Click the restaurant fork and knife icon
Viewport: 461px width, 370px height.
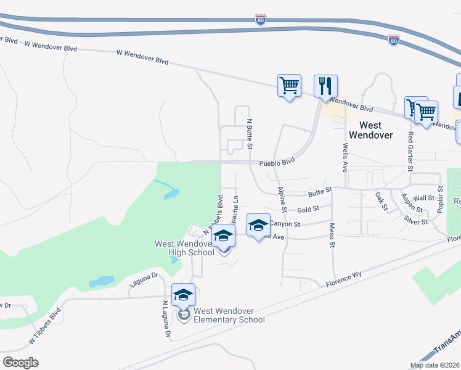pyautogui.click(x=325, y=86)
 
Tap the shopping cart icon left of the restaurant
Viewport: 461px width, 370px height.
pyautogui.click(x=289, y=85)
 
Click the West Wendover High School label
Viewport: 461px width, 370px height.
pyautogui.click(x=184, y=248)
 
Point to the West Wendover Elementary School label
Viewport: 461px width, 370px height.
pyautogui.click(x=229, y=315)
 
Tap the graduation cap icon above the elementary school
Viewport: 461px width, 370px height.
pyautogui.click(x=183, y=294)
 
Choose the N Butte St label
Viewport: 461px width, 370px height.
pyautogui.click(x=250, y=135)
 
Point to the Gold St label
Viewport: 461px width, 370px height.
pyautogui.click(x=308, y=210)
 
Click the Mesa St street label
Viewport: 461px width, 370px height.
pyautogui.click(x=332, y=236)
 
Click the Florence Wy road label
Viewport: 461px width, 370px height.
pyautogui.click(x=344, y=279)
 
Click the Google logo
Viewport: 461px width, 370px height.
pyautogui.click(x=20, y=363)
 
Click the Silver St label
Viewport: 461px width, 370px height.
pyautogui.click(x=416, y=220)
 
